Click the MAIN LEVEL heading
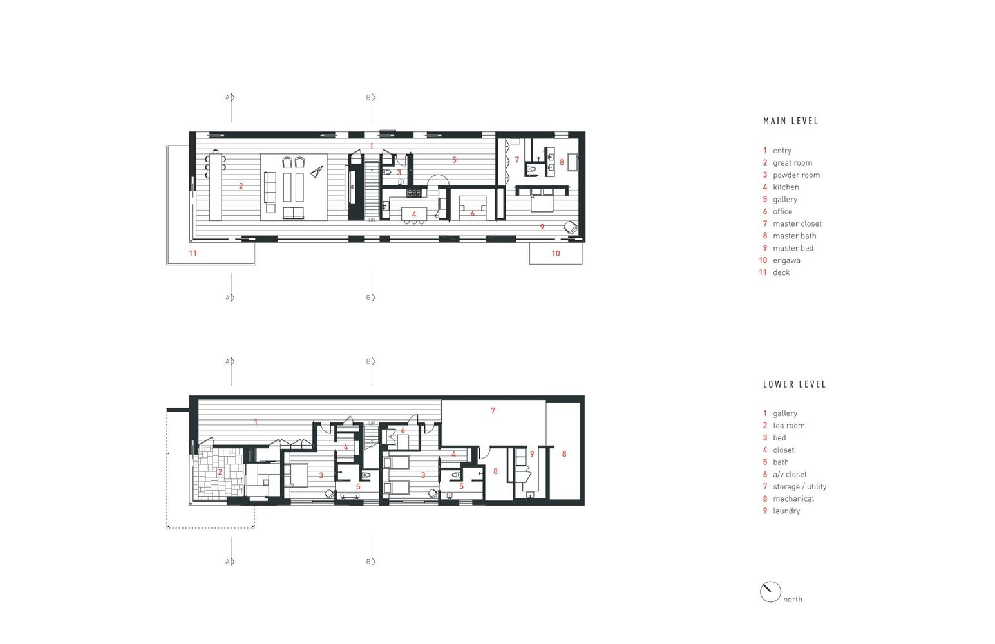point(790,121)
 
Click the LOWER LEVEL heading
point(794,384)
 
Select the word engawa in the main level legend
point(786,261)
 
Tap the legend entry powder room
point(796,175)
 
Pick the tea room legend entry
point(788,426)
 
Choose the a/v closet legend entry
point(790,475)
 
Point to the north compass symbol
point(770,592)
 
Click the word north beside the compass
point(792,599)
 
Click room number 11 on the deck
point(193,253)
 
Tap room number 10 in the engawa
point(556,253)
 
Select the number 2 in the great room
point(241,186)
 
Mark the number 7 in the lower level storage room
point(493,410)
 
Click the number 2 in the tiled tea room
point(220,472)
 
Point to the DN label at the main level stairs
point(372,220)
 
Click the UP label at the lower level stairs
point(372,423)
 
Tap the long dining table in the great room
point(216,185)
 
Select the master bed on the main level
point(542,200)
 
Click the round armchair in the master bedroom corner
point(571,227)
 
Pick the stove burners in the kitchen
point(414,193)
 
